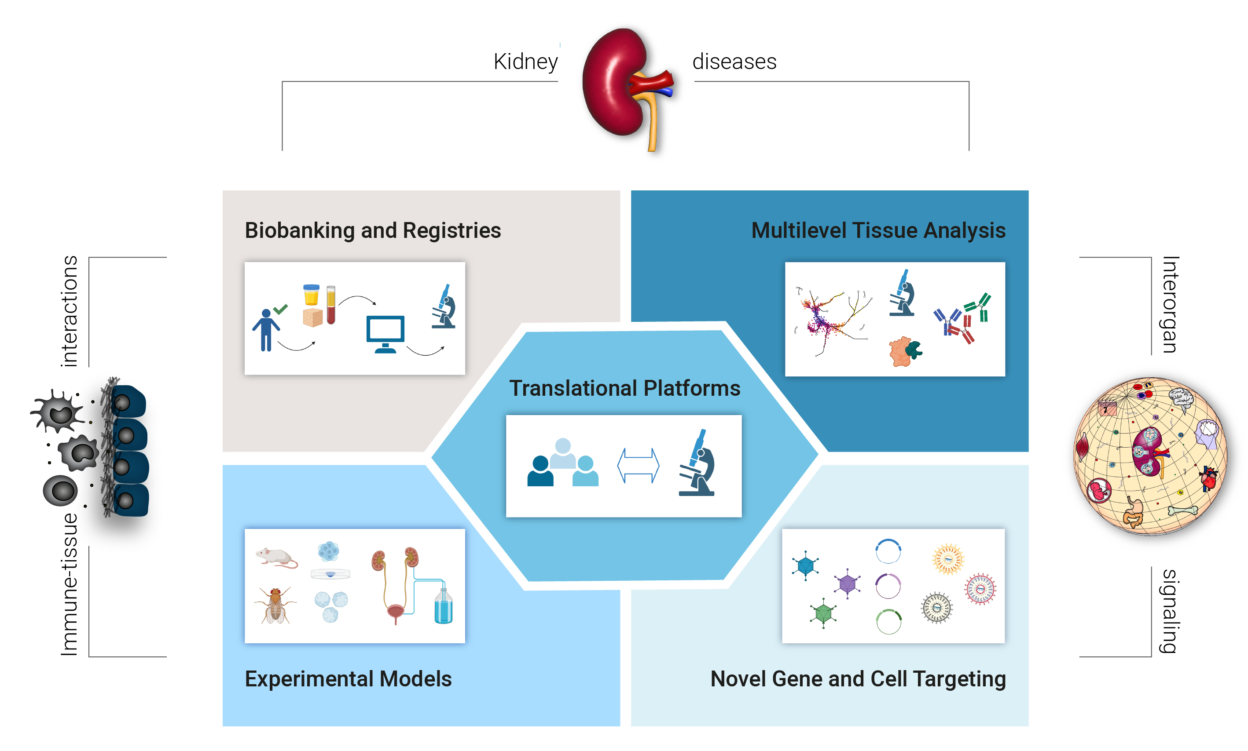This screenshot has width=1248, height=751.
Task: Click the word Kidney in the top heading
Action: [526, 62]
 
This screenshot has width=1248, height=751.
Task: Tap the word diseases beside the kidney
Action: [734, 62]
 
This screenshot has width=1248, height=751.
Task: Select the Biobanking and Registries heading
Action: [373, 231]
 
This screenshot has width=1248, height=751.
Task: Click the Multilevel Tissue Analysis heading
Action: [878, 231]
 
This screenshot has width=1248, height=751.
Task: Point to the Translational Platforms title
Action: [624, 388]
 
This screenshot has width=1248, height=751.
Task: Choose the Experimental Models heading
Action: [348, 678]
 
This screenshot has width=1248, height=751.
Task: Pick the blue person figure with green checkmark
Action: [267, 329]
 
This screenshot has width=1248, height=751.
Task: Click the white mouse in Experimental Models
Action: [276, 557]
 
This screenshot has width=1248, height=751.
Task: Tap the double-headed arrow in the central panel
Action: [638, 466]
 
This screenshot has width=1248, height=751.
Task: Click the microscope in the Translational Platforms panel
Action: [697, 463]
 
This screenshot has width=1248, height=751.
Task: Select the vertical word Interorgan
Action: [1170, 305]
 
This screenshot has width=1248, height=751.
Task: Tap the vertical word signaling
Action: [1170, 611]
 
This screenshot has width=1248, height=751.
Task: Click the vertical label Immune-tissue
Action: [70, 584]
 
